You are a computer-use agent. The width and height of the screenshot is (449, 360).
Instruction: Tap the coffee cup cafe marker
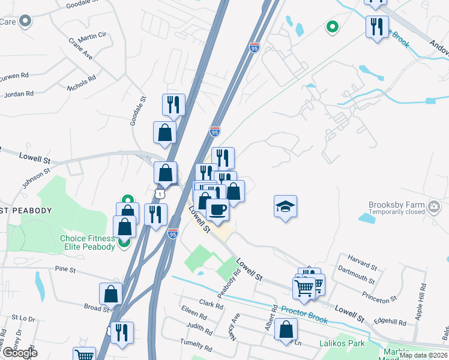[217, 210]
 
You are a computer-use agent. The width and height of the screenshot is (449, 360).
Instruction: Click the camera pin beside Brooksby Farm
[435, 208]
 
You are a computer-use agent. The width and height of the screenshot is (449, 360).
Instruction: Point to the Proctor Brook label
[304, 314]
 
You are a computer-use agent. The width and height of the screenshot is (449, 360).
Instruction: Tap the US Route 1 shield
[159, 194]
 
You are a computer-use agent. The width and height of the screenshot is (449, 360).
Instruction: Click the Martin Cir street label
[92, 36]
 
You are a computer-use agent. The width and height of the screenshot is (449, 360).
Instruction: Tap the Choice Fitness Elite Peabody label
[87, 242]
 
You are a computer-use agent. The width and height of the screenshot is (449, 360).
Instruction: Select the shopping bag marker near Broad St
[110, 293]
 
